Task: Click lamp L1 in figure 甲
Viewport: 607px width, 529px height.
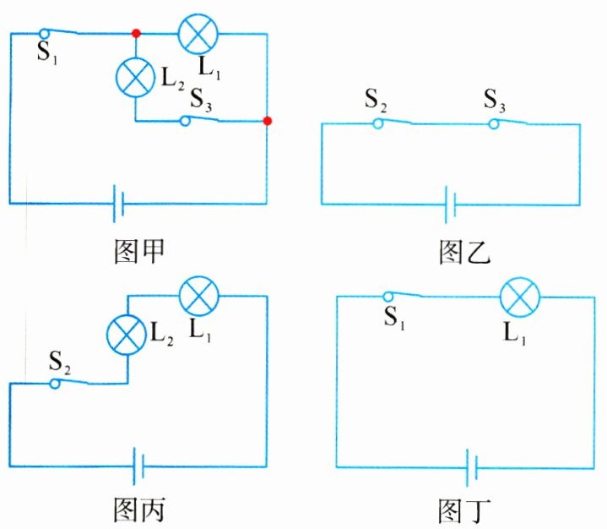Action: click(x=198, y=34)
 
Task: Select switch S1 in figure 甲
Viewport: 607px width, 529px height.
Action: click(x=62, y=34)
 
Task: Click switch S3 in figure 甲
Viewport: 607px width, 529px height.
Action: click(x=203, y=121)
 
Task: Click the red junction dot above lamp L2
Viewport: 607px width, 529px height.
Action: click(x=135, y=34)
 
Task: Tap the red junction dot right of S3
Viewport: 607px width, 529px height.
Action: click(x=268, y=121)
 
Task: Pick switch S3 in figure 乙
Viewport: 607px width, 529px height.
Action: click(x=510, y=123)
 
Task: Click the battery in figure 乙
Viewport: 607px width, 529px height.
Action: click(x=453, y=204)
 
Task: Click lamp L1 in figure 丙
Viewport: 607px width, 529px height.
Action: click(x=199, y=296)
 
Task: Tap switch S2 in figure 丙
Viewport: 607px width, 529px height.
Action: click(x=71, y=382)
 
